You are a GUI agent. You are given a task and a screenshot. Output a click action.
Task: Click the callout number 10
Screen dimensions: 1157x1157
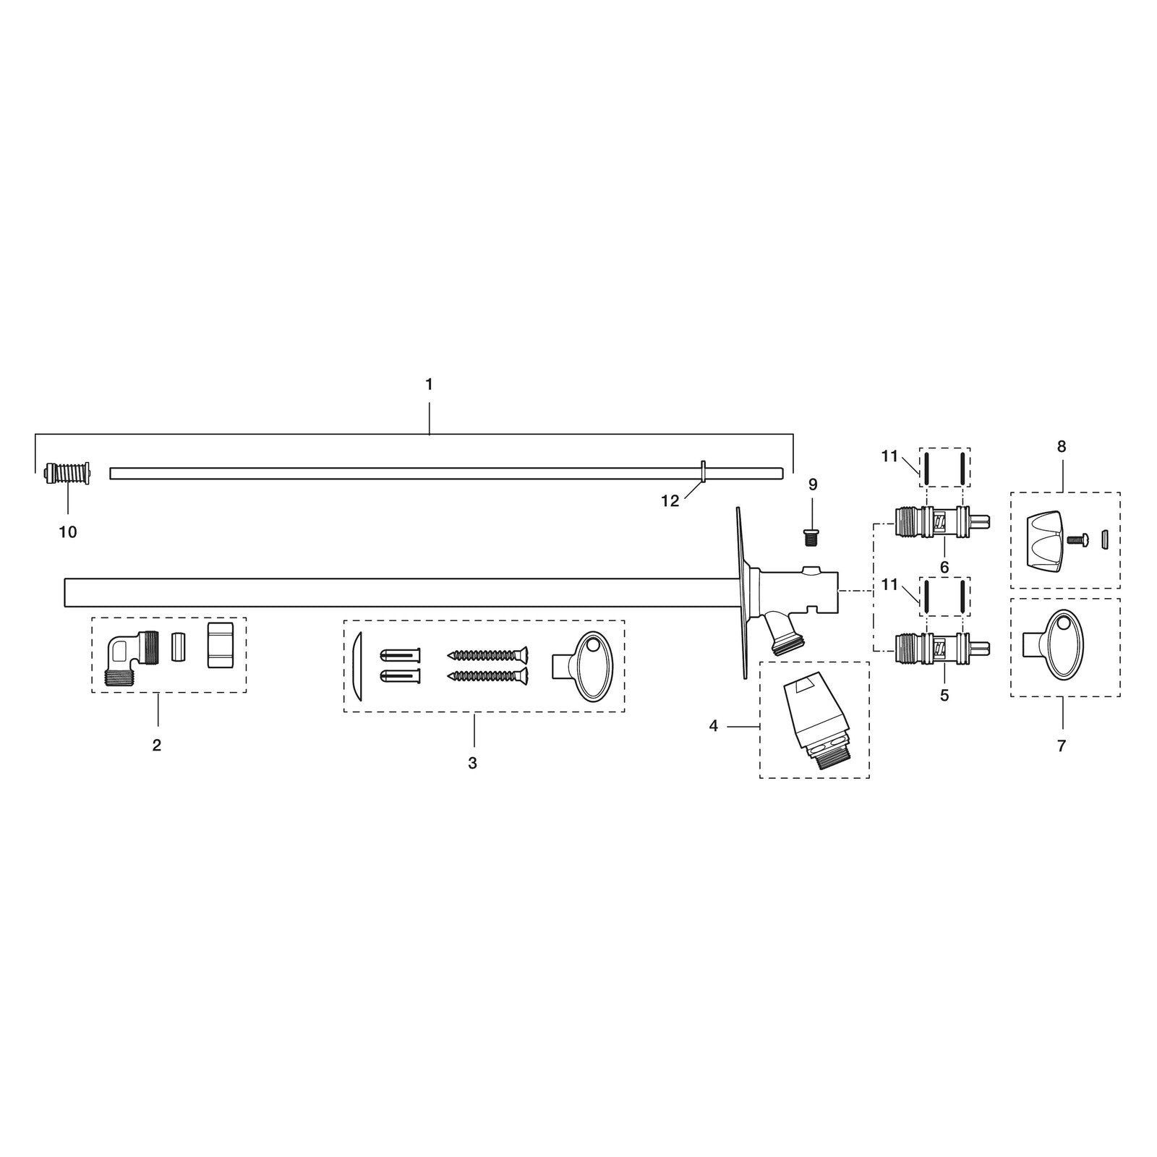coord(67,532)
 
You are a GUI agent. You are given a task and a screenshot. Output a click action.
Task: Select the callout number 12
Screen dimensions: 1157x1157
coord(670,500)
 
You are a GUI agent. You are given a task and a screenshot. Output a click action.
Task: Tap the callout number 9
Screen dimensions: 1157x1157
coord(813,484)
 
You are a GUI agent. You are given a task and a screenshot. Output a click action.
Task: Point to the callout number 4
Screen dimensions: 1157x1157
coord(714,725)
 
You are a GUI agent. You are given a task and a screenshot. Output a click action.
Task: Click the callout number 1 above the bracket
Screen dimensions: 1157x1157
coord(429,385)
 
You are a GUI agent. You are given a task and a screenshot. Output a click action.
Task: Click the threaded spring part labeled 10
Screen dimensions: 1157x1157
coord(67,474)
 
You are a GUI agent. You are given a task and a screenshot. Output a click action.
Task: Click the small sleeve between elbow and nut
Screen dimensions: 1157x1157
coord(178,646)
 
